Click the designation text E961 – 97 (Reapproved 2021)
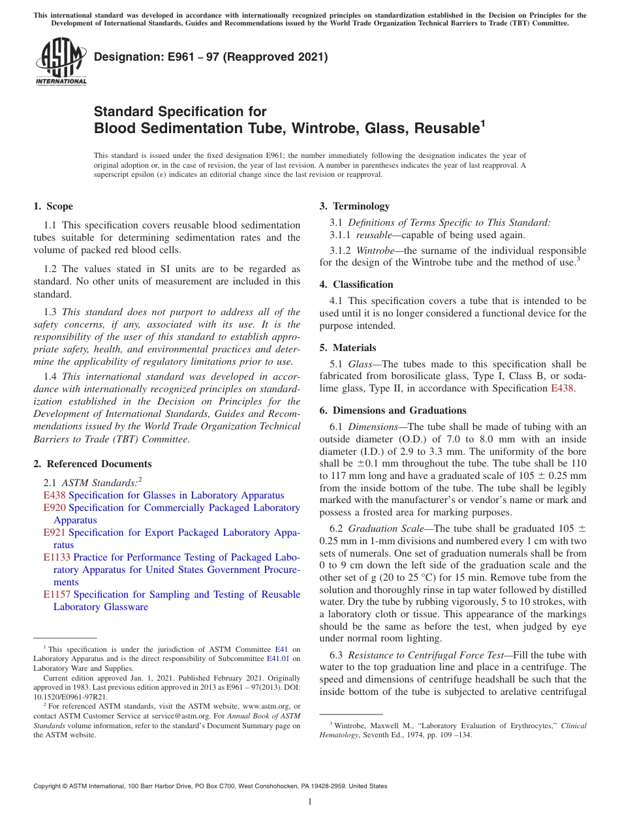(211, 57)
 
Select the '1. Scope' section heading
(54, 207)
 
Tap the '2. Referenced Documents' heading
(93, 464)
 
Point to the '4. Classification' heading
(356, 284)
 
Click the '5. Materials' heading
(348, 348)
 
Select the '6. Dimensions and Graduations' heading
(393, 410)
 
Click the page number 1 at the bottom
(310, 802)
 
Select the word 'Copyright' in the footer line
(47, 786)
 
